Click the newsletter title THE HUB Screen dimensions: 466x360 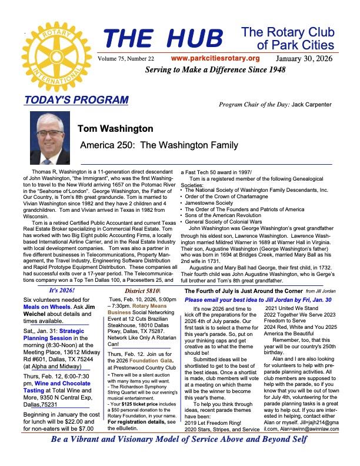[163, 38]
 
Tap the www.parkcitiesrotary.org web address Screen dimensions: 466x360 [215, 58]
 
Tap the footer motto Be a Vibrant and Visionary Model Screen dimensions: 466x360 [180, 456]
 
